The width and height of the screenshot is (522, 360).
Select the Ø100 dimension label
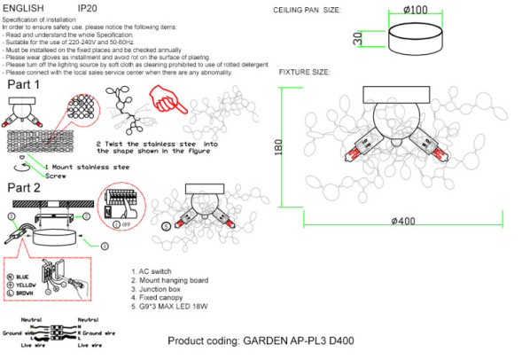417,9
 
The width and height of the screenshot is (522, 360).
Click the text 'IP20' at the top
87,7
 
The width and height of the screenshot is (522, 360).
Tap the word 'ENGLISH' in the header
23,7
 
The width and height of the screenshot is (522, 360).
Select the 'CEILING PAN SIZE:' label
307,10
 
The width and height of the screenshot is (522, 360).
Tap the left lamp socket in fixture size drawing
366,147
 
